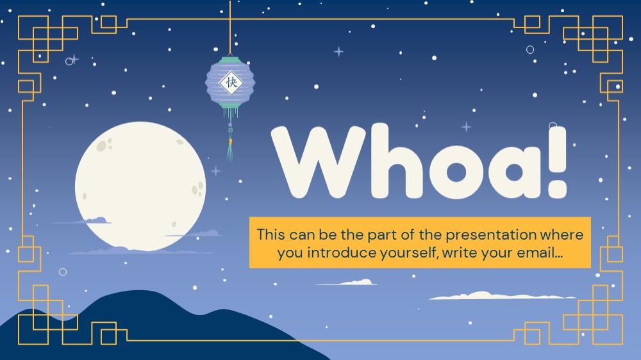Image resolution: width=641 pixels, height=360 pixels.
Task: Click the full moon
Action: pos(140,186)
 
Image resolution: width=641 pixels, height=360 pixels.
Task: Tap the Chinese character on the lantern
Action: pos(231,83)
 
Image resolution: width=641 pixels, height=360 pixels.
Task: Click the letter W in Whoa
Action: pos(319,162)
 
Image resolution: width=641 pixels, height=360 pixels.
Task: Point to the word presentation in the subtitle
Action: pos(490,235)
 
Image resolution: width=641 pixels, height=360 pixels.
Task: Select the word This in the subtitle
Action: pos(271,234)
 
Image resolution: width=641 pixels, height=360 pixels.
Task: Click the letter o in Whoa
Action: pos(456,171)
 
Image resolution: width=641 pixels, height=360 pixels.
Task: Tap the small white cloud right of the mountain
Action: pos(347,282)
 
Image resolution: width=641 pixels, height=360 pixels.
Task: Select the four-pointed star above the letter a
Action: pos(466,127)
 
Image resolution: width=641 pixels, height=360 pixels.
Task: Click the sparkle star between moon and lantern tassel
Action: pos(215,171)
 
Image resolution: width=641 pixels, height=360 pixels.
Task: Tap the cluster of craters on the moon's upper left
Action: pos(104,144)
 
